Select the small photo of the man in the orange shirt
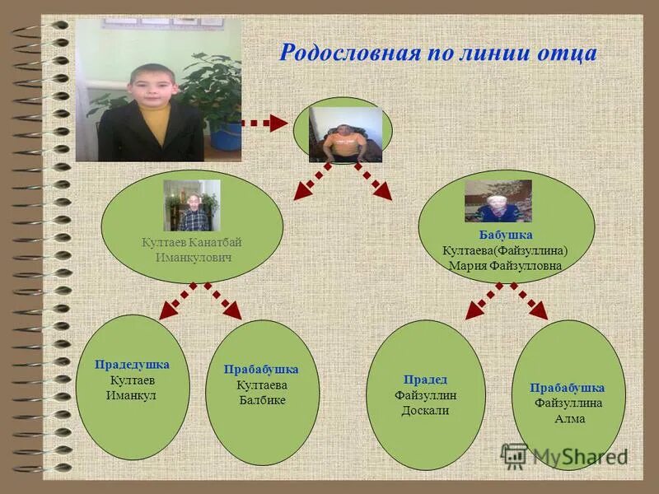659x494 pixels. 345,134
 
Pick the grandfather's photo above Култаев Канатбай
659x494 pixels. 192,206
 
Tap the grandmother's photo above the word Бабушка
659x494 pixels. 498,201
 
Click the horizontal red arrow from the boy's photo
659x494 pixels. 268,124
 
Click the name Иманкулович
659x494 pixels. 194,258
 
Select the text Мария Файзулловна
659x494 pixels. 505,266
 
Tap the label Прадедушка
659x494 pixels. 132,364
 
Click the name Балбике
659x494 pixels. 261,400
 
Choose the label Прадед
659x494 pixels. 425,380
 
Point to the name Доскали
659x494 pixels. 425,410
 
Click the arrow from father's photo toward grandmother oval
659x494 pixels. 373,181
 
